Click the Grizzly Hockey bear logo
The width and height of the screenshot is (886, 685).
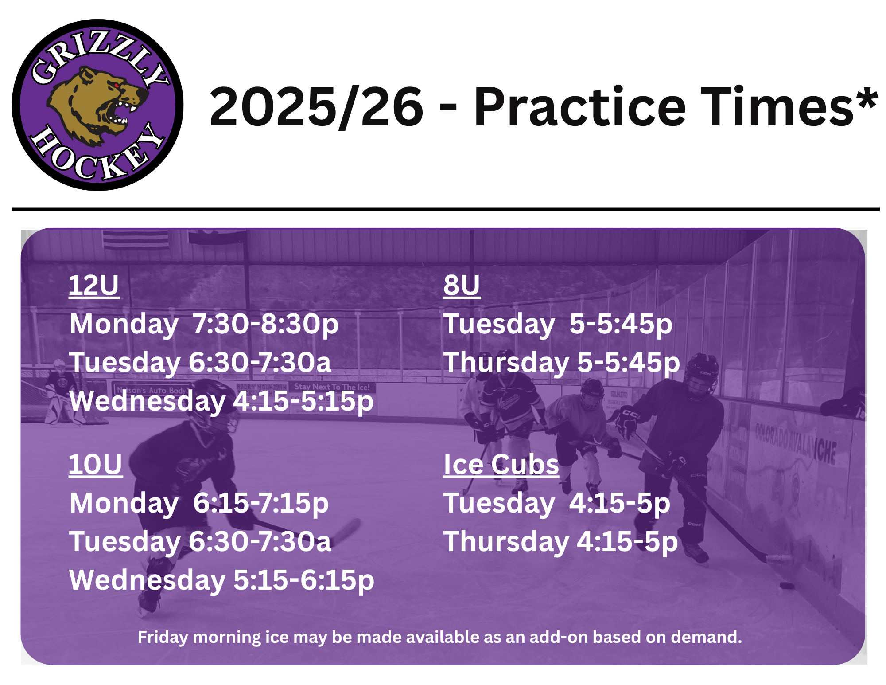click(x=97, y=105)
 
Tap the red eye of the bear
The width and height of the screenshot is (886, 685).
click(x=117, y=86)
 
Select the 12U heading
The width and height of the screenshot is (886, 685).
click(x=94, y=285)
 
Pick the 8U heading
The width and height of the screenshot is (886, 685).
click(x=462, y=285)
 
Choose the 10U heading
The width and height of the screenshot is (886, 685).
click(x=96, y=464)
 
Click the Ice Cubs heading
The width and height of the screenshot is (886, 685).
click(x=501, y=464)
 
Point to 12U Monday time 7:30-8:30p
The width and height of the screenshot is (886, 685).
click(x=265, y=324)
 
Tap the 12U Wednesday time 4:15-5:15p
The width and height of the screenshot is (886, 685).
click(x=303, y=401)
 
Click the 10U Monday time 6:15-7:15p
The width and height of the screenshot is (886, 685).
click(x=261, y=503)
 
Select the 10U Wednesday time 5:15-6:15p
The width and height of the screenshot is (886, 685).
click(x=304, y=580)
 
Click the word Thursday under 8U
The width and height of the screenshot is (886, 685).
click(x=507, y=363)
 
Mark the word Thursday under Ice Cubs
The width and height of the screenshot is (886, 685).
click(x=507, y=542)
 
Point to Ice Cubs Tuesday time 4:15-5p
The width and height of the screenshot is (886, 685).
click(x=620, y=503)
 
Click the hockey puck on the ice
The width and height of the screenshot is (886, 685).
click(x=787, y=586)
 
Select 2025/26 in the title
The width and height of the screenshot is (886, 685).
click(x=316, y=107)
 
